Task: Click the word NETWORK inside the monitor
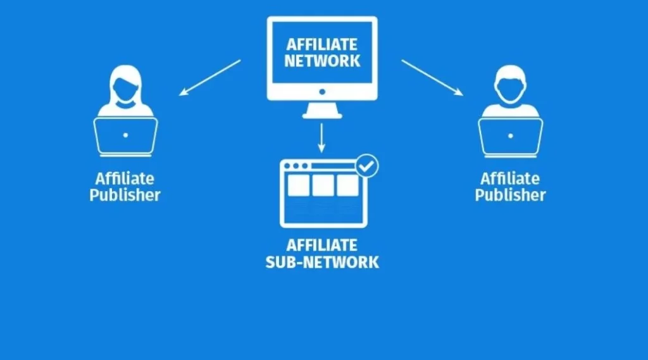click(x=322, y=61)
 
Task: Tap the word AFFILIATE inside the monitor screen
click(x=322, y=45)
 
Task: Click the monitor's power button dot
click(x=322, y=92)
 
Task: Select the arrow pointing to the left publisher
click(x=209, y=77)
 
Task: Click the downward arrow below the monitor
click(x=322, y=137)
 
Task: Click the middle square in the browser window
click(x=323, y=185)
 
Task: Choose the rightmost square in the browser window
click(x=347, y=185)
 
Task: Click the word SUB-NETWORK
click(x=322, y=261)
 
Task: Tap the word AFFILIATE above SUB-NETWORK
click(x=322, y=245)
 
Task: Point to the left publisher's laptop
click(x=125, y=136)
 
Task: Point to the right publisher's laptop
click(x=510, y=136)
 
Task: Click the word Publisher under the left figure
click(x=125, y=194)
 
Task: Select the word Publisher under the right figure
click(x=510, y=194)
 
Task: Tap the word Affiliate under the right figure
click(x=510, y=178)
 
